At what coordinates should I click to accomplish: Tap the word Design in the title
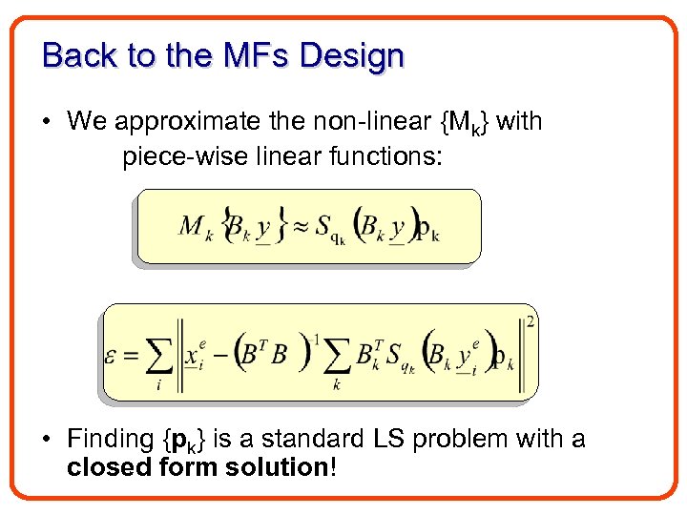click(351, 55)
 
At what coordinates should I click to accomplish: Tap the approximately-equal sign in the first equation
click(303, 225)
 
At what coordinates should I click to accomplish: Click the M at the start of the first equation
click(192, 226)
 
